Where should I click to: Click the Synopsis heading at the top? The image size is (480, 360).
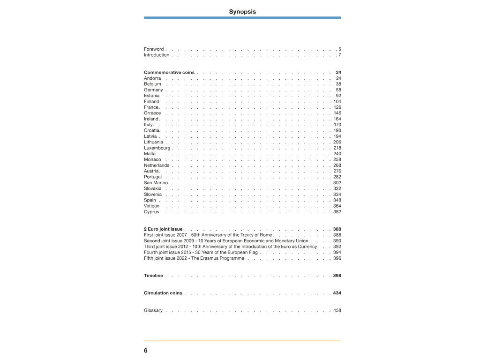[x=242, y=12]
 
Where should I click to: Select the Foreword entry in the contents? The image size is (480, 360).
[x=154, y=49]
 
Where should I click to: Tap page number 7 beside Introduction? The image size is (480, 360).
[x=339, y=55]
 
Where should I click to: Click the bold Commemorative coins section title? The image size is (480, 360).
[x=169, y=73]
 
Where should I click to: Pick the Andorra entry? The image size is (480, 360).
[x=152, y=78]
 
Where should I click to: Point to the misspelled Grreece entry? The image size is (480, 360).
[x=152, y=113]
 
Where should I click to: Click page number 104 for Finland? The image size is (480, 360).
[x=337, y=102]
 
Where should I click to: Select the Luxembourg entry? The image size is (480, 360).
[x=157, y=148]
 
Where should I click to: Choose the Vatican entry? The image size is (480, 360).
[x=151, y=206]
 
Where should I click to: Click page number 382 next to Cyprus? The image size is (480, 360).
[x=337, y=212]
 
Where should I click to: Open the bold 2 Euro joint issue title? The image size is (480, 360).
[x=163, y=229]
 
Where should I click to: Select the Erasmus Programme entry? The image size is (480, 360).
[x=194, y=258]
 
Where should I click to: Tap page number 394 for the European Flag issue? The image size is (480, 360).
[x=337, y=252]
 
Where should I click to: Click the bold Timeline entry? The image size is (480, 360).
[x=153, y=276]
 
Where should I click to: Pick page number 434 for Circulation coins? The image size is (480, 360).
[x=337, y=293]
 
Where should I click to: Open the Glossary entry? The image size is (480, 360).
[x=153, y=310]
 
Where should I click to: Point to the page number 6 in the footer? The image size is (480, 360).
[x=146, y=351]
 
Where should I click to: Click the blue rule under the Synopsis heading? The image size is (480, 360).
[x=242, y=18]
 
